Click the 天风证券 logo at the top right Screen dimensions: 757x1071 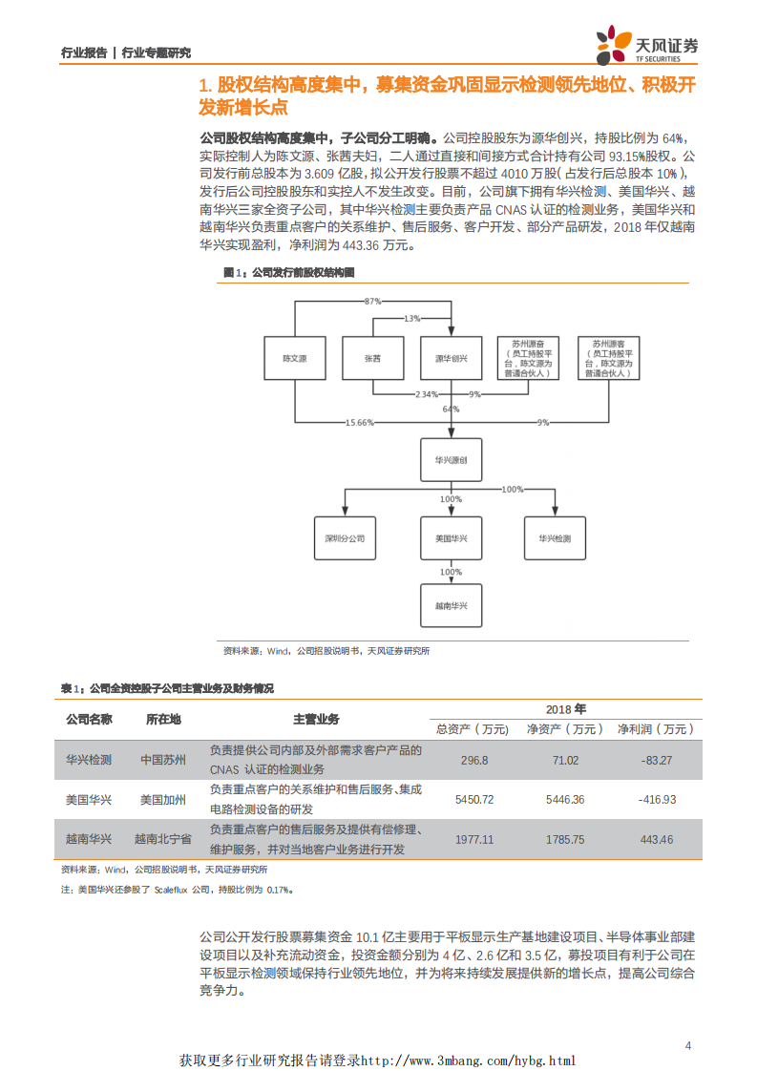tap(647, 44)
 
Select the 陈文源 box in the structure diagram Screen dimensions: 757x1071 tap(294, 358)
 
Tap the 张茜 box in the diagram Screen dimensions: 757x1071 tap(371, 358)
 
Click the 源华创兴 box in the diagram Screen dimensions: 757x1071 tap(451, 358)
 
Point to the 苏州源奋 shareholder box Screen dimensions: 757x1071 tap(528, 358)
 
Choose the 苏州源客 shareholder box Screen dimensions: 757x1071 tap(608, 358)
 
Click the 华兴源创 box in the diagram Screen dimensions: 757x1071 tap(451, 460)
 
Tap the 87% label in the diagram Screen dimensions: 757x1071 tap(373, 301)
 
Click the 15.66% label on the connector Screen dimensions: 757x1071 tap(360, 422)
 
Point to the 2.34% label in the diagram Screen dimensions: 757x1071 tap(426, 394)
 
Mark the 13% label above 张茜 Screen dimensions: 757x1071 tap(411, 318)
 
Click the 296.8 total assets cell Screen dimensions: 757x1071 tap(474, 761)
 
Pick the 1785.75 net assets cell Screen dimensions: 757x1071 tap(565, 839)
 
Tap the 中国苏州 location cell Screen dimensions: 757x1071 tap(165, 761)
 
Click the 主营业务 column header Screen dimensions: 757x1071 tap(316, 719)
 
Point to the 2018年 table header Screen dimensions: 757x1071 tap(566, 709)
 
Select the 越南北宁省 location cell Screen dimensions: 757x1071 tap(163, 839)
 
